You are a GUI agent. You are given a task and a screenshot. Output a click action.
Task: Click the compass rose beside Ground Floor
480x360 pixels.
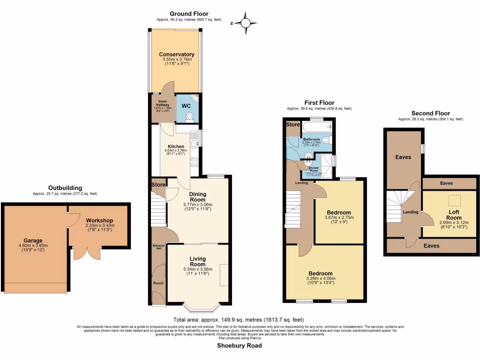[245, 23]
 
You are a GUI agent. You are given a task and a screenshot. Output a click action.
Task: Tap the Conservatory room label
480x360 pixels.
[176, 54]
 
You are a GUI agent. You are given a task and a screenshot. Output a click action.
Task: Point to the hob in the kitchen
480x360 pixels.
[195, 162]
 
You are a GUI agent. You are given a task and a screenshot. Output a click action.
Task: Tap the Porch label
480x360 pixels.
[159, 283]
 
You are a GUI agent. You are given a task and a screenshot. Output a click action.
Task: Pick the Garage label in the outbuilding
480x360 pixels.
[33, 240]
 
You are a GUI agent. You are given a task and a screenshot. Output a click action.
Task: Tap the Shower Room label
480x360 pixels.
[314, 169]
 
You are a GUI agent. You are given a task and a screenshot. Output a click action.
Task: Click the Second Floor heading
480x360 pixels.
[430, 113]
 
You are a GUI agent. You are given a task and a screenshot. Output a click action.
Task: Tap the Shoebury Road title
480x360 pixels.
[239, 346]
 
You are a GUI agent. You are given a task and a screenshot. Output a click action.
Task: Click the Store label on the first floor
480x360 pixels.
[293, 125]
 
